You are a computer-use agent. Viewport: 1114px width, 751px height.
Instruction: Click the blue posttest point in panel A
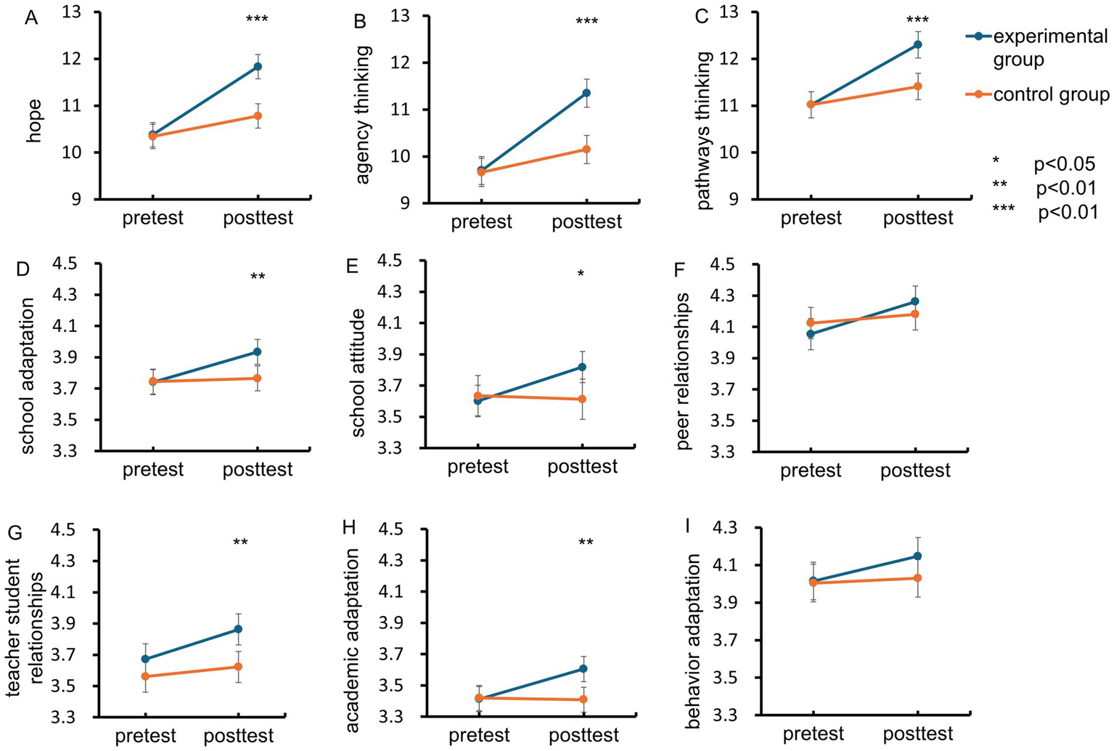click(x=257, y=67)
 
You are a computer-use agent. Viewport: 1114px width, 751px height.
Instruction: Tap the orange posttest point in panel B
click(x=586, y=150)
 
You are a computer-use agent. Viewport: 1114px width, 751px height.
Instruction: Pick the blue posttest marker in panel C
click(x=917, y=44)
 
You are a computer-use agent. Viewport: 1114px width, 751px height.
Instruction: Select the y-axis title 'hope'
click(x=33, y=121)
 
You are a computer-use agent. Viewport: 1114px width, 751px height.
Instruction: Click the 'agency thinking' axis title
click(x=363, y=115)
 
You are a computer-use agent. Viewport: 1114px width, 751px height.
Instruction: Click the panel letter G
click(x=14, y=533)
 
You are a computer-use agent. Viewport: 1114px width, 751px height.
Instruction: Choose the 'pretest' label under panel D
click(x=152, y=469)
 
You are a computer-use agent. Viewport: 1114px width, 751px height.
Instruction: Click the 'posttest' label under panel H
click(x=583, y=736)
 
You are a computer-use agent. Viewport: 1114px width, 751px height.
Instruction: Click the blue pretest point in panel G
click(x=145, y=659)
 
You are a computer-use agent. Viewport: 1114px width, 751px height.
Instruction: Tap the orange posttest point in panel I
click(x=917, y=578)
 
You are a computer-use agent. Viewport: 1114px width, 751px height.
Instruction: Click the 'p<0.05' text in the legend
click(x=1064, y=164)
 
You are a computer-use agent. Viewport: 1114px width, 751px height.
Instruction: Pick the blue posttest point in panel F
click(x=915, y=301)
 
